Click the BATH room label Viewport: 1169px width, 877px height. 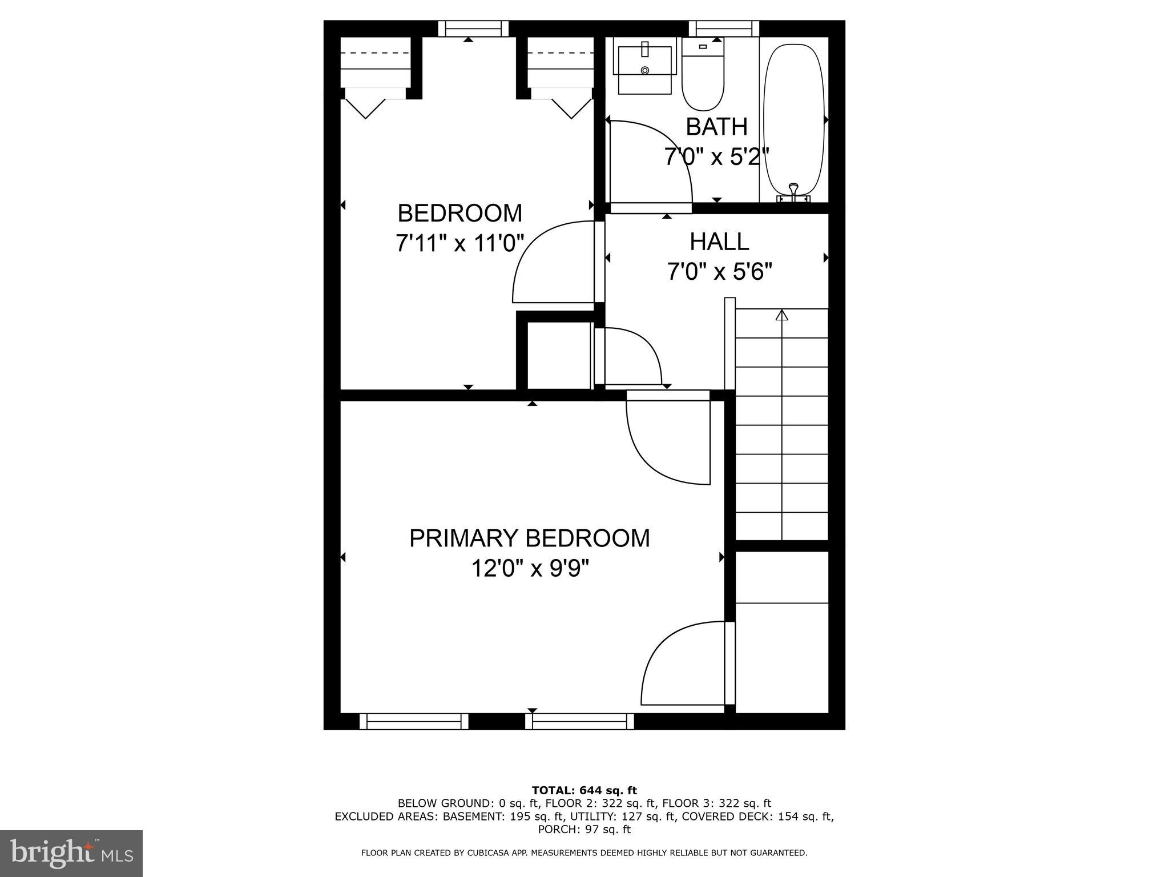pyautogui.click(x=716, y=127)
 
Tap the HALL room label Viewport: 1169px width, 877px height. pyautogui.click(x=719, y=242)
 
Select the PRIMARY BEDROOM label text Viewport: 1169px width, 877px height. pyautogui.click(x=529, y=538)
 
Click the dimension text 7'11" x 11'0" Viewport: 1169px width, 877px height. pyautogui.click(x=459, y=244)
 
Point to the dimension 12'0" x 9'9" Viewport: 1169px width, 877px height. pyautogui.click(x=529, y=569)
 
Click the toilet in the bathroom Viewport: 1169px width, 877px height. pyautogui.click(x=703, y=77)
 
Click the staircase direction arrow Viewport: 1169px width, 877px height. pyautogui.click(x=781, y=315)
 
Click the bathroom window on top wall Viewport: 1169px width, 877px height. pyautogui.click(x=724, y=29)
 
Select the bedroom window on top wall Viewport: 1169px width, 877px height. pyautogui.click(x=473, y=29)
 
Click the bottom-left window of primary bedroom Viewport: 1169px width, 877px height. pyautogui.click(x=414, y=722)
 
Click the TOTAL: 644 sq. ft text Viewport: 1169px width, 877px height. pyautogui.click(x=584, y=791)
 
